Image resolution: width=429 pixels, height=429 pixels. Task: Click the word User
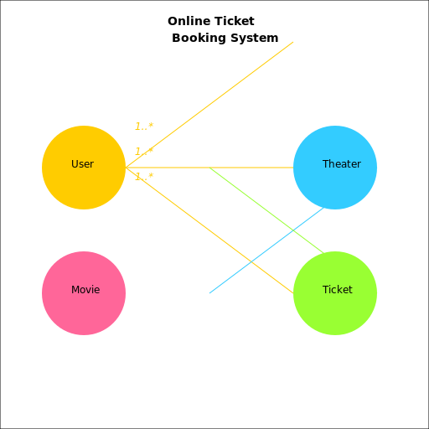(x=82, y=164)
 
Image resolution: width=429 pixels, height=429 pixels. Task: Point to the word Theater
(x=341, y=164)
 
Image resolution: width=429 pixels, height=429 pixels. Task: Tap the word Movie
(x=85, y=290)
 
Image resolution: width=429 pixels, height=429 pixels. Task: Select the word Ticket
(x=337, y=290)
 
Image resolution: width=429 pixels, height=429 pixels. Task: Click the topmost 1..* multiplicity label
(x=144, y=127)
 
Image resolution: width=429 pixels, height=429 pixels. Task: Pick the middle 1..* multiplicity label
(x=144, y=152)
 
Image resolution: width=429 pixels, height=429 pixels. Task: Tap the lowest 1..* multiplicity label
(x=144, y=177)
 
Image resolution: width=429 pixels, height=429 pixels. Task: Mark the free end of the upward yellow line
(x=293, y=42)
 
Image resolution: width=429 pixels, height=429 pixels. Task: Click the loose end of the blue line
(x=209, y=293)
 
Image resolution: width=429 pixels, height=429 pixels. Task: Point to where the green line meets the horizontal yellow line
(x=209, y=168)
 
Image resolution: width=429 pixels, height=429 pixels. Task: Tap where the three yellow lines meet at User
(x=127, y=168)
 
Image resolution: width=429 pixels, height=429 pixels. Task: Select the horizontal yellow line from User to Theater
(x=251, y=168)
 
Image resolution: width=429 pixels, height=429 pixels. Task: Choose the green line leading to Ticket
(x=251, y=199)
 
